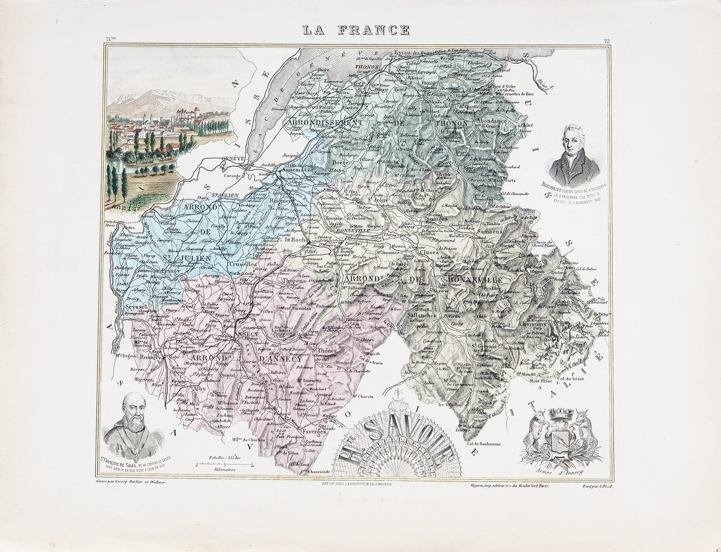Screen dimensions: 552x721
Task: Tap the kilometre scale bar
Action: [224, 464]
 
